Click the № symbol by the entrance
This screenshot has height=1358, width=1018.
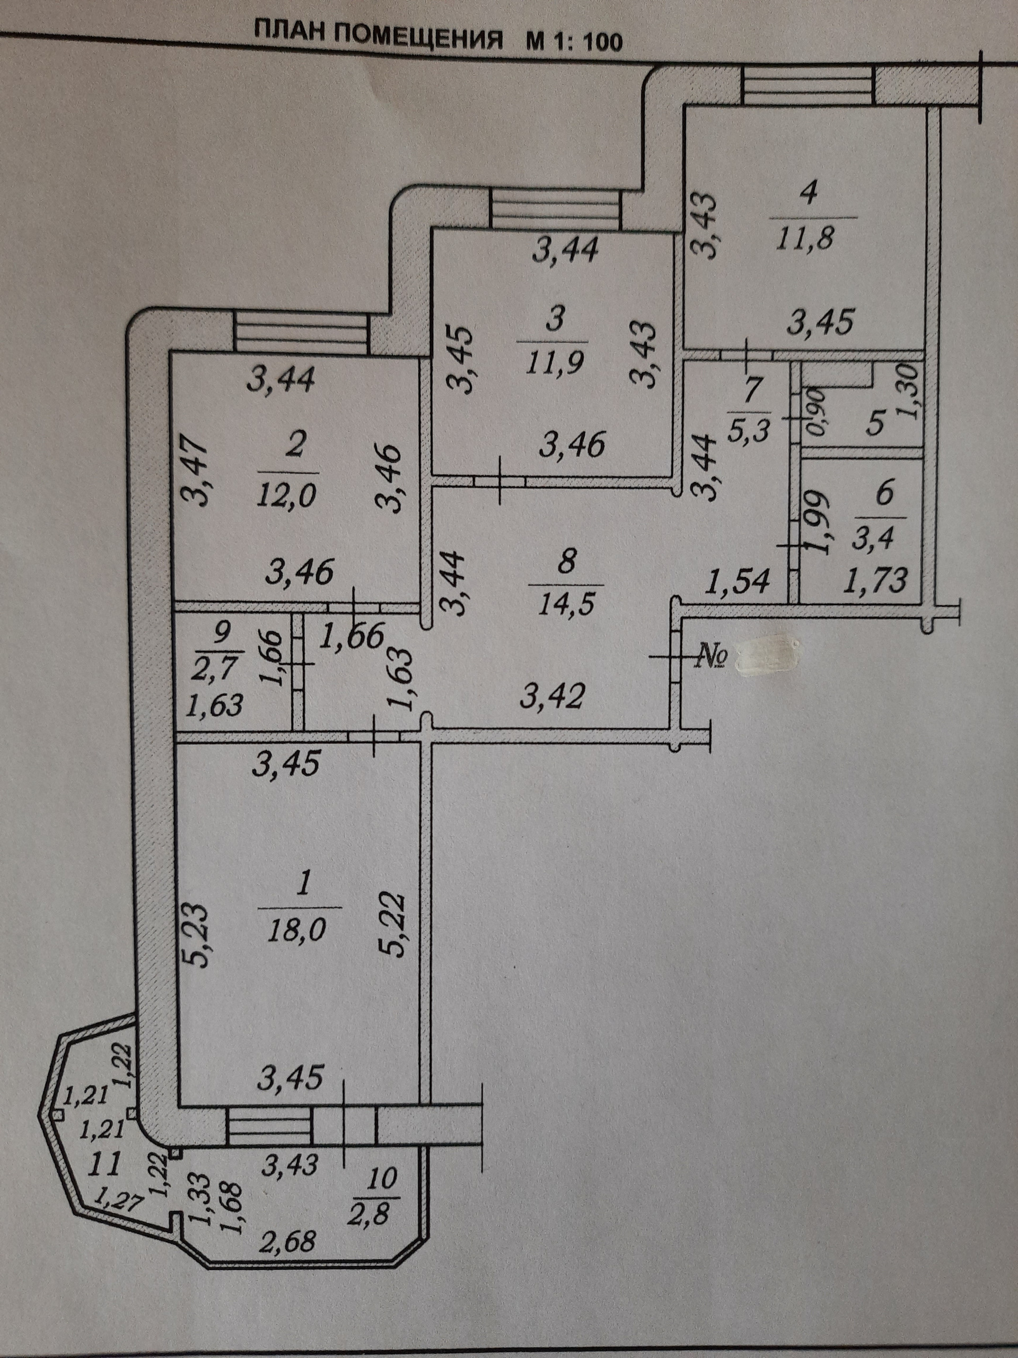click(710, 657)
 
